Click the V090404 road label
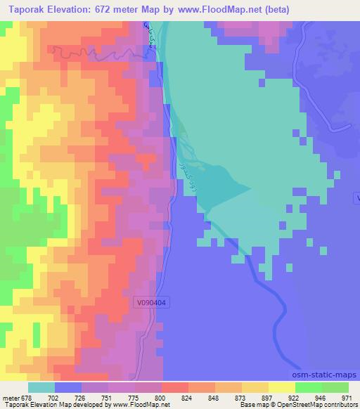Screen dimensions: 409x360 pos(153,302)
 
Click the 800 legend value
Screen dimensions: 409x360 pos(161,397)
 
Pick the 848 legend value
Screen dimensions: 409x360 pos(214,397)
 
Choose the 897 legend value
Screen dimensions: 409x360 pos(268,397)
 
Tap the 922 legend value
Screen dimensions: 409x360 pos(295,397)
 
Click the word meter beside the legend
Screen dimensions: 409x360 pos(11,397)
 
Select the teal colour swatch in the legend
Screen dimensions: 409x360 pos(41,387)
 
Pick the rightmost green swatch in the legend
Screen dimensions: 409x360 pos(335,387)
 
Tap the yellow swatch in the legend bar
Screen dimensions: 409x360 pos(281,387)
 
